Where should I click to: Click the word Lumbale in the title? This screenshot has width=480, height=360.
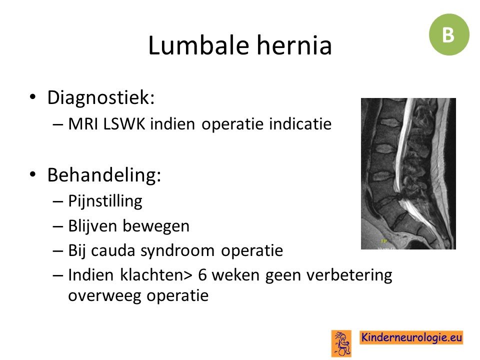click(x=198, y=45)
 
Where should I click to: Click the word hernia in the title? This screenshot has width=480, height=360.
click(x=294, y=45)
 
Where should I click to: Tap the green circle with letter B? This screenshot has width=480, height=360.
click(x=449, y=34)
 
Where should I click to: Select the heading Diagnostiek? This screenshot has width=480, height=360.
click(x=100, y=97)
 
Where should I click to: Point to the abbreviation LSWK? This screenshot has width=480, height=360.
click(x=124, y=124)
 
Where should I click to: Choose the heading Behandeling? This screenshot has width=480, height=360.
click(x=104, y=175)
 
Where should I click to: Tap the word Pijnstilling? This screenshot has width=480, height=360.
click(x=105, y=201)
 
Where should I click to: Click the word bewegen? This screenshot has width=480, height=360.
click(x=156, y=226)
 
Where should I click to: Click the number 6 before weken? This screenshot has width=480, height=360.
click(x=202, y=275)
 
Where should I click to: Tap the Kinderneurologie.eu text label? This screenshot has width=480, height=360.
click(x=411, y=337)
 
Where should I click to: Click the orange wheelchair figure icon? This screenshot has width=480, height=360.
click(x=341, y=343)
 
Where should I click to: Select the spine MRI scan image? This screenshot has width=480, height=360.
click(x=408, y=173)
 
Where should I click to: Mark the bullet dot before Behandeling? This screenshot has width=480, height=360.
click(x=32, y=174)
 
